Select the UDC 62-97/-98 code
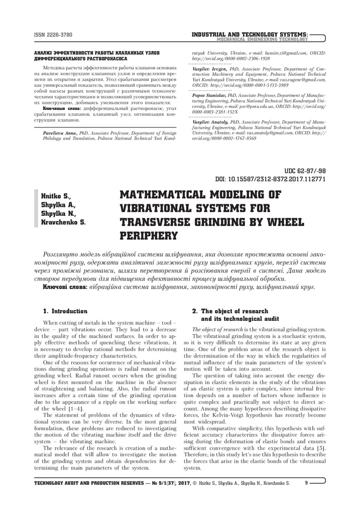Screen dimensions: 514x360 pos(305,171)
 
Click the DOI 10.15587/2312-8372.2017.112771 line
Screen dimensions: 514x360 pos(271,179)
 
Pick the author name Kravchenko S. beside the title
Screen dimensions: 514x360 pos(63,221)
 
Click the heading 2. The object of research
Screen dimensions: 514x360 pos(230,311)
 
